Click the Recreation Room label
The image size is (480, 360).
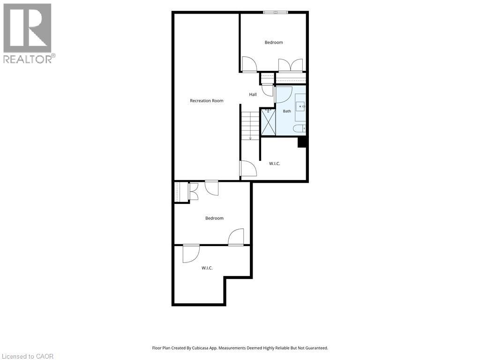(207, 101)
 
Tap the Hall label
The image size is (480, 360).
(253, 95)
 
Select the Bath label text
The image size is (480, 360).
(287, 111)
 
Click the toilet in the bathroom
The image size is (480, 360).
(299, 128)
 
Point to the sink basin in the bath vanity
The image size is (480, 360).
(300, 106)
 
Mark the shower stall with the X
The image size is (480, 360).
(268, 122)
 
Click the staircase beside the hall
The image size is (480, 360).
(250, 126)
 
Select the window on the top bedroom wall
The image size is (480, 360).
(276, 12)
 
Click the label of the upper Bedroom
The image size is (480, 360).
(274, 43)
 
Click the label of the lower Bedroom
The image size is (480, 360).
(214, 218)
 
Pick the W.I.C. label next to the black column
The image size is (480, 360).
(275, 164)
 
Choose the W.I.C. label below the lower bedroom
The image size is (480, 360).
(207, 268)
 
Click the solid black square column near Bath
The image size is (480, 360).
(302, 142)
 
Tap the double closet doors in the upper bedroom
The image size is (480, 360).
(291, 65)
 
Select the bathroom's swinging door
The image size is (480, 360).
(284, 95)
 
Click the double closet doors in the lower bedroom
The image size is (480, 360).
(194, 192)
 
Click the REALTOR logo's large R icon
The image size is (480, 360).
(27, 28)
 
